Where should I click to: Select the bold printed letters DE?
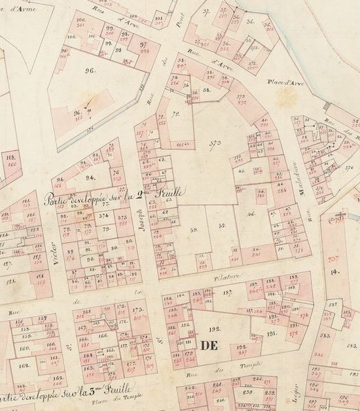click(208, 344)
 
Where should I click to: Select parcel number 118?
click(9, 158)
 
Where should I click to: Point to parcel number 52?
click(221, 225)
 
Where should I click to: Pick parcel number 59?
click(194, 230)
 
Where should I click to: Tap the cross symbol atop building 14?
click(340, 214)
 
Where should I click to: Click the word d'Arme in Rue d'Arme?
click(27, 8)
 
